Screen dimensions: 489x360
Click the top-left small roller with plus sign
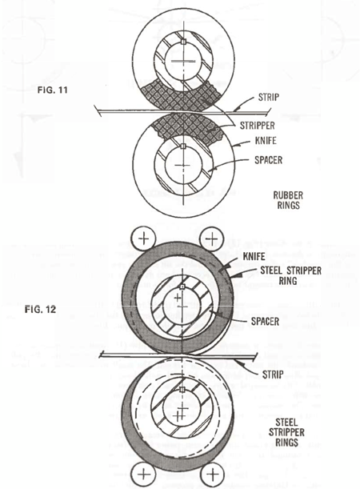click(144, 238)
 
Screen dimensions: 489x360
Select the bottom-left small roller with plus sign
click(144, 477)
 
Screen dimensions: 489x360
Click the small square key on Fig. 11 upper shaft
click(183, 41)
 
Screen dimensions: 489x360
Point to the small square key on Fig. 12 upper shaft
click(182, 287)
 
